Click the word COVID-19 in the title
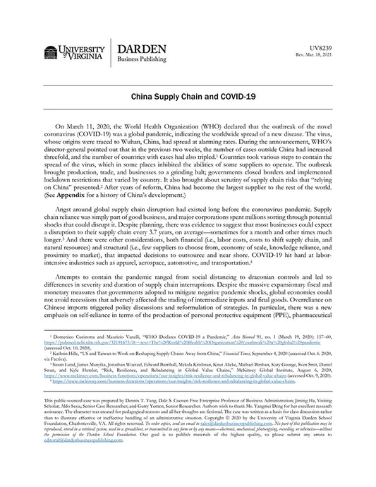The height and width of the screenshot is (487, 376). (228, 94)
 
